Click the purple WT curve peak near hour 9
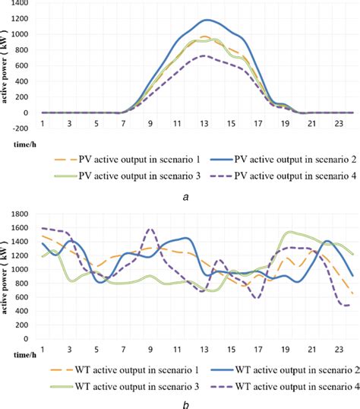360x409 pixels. (150, 228)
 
